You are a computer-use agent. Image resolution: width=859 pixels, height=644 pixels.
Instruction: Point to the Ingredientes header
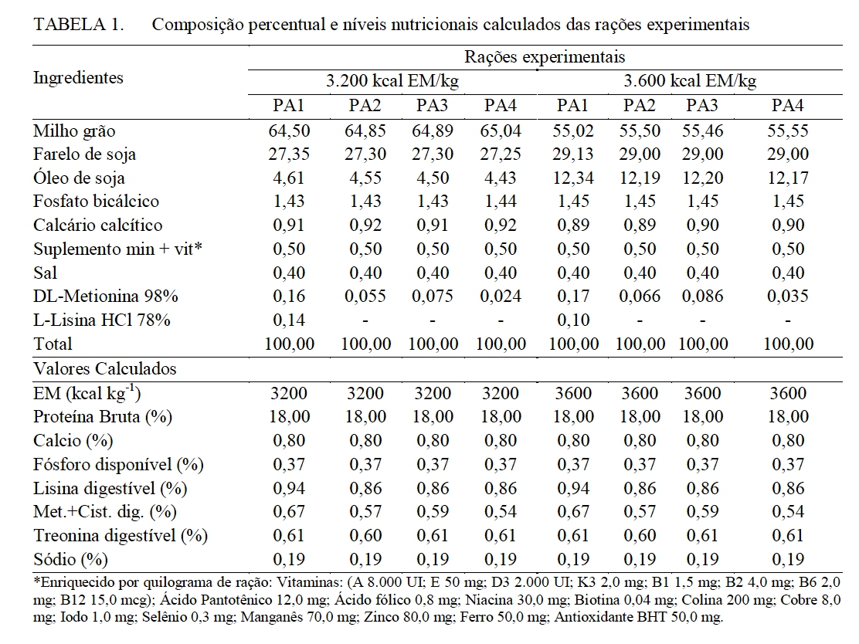(x=77, y=77)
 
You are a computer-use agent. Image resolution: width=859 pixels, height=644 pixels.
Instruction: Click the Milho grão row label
(x=74, y=131)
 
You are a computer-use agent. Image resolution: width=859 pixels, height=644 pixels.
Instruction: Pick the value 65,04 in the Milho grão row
(x=501, y=131)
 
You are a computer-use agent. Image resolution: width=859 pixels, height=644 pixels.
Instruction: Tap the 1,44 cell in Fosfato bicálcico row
(x=501, y=202)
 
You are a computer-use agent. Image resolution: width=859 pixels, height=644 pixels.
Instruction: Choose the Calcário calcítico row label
(x=98, y=225)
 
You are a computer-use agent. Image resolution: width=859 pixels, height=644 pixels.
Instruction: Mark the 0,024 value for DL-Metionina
(x=501, y=296)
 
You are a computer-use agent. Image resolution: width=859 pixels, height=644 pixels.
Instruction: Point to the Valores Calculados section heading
(x=104, y=369)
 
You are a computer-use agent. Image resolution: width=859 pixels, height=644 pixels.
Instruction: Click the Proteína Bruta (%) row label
(x=103, y=417)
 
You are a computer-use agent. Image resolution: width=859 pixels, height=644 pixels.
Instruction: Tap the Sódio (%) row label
(x=70, y=559)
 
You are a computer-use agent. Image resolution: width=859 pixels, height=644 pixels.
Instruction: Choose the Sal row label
(x=46, y=273)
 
